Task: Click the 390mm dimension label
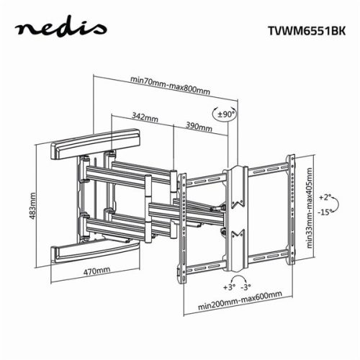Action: point(198,126)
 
